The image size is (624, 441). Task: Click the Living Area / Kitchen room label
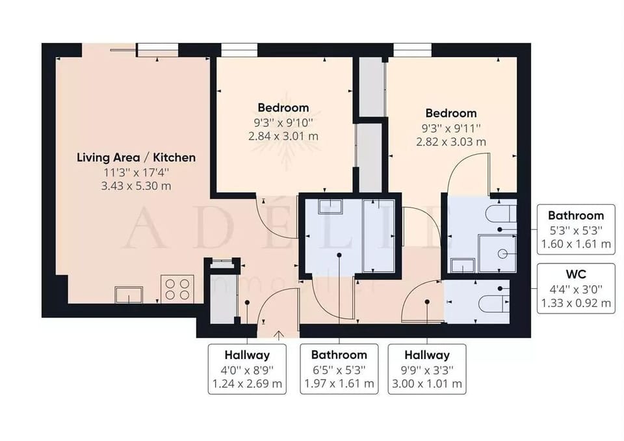pyautogui.click(x=136, y=157)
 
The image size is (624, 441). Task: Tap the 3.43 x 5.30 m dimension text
pyautogui.click(x=136, y=186)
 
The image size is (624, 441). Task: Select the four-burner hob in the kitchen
pyautogui.click(x=177, y=289)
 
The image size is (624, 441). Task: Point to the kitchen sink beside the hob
pyautogui.click(x=129, y=295)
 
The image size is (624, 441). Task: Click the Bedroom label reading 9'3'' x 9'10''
pyautogui.click(x=283, y=108)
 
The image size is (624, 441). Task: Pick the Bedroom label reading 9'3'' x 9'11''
pyautogui.click(x=451, y=113)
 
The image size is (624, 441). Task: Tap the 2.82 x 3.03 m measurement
pyautogui.click(x=451, y=142)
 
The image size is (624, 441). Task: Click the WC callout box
pyautogui.click(x=575, y=288)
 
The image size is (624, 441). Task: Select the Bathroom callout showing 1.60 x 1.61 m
pyautogui.click(x=575, y=230)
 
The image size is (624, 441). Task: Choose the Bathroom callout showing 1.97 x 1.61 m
pyautogui.click(x=339, y=369)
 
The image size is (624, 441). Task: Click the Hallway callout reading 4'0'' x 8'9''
pyautogui.click(x=247, y=369)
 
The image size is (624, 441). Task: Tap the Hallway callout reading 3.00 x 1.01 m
pyautogui.click(x=426, y=384)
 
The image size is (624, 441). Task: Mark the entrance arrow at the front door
pyautogui.click(x=279, y=334)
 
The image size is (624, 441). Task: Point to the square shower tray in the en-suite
pyautogui.click(x=497, y=253)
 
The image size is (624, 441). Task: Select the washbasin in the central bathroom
pyautogui.click(x=331, y=207)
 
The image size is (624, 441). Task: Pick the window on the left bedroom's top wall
pyautogui.click(x=239, y=50)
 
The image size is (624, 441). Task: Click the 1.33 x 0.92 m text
pyautogui.click(x=575, y=302)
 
